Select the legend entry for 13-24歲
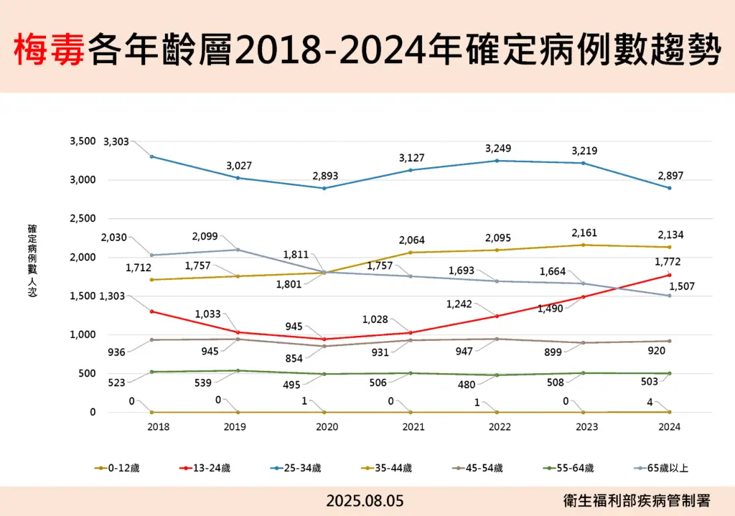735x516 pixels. [x=206, y=468]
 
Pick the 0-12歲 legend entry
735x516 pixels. [x=118, y=468]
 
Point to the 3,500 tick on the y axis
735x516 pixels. [x=83, y=141]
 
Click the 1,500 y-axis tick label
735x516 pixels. [x=83, y=296]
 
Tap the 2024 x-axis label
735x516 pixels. [x=669, y=426]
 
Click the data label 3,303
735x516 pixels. [x=116, y=142]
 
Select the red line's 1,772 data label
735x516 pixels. [x=668, y=262]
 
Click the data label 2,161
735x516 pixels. [x=584, y=233]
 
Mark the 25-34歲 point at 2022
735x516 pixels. [x=497, y=161]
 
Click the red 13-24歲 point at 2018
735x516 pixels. [x=151, y=311]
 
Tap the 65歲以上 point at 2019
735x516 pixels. [x=238, y=250]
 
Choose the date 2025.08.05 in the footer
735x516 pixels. [x=365, y=501]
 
